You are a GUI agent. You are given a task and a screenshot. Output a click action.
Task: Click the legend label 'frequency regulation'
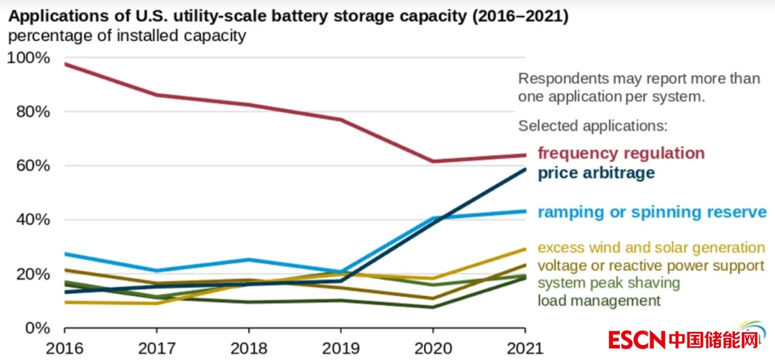click(x=621, y=153)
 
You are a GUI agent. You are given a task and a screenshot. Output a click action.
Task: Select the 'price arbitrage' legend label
click(x=596, y=173)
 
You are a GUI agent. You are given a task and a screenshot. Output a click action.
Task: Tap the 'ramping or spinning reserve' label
click(x=652, y=212)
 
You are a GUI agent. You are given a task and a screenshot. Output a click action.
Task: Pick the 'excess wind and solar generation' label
click(x=652, y=247)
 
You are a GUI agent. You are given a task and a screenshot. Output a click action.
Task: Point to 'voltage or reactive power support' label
click(x=651, y=265)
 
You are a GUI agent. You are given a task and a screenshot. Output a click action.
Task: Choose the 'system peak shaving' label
click(x=609, y=283)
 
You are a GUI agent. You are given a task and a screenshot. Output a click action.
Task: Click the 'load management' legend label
click(x=598, y=300)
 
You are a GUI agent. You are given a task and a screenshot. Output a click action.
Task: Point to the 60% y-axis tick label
click(x=32, y=166)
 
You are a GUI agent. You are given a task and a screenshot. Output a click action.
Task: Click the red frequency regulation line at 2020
click(x=433, y=161)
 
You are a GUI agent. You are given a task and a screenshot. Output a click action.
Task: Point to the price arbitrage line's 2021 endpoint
click(x=525, y=169)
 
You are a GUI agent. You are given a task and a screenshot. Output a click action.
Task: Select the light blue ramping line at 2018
click(x=249, y=260)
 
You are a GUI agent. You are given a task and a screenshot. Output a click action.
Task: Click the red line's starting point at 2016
click(x=65, y=65)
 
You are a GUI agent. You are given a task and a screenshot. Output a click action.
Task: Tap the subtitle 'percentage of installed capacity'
click(x=127, y=36)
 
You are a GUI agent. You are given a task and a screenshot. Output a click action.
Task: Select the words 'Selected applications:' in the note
click(x=593, y=125)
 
